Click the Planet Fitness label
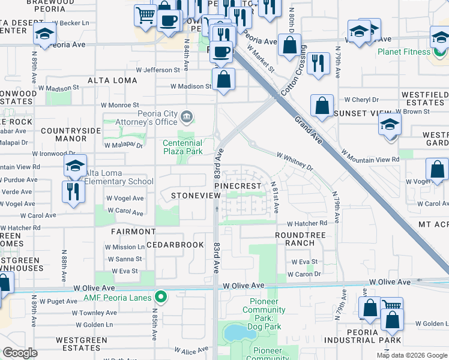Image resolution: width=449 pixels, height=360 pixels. pos(403,52)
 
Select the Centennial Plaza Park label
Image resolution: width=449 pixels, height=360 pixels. pos(182,147)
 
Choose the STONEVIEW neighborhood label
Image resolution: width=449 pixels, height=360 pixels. pos(191,196)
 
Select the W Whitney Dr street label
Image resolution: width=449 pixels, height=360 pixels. pos(295,160)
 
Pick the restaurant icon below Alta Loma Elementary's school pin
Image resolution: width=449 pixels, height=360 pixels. pos(74,191)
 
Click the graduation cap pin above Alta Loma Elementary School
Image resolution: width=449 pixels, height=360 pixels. pos(76,166)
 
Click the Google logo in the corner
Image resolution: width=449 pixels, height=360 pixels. pos(20,353)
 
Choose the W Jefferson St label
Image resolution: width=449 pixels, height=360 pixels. pos(157,70)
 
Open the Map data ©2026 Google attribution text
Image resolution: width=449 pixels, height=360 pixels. pos(411,355)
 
